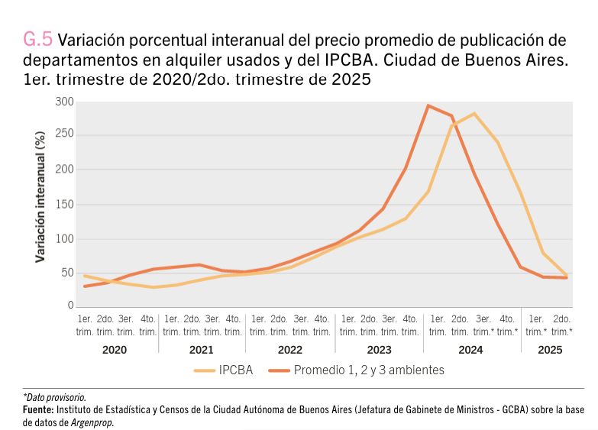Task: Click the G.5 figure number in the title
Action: click(x=38, y=40)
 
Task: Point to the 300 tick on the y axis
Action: click(x=65, y=102)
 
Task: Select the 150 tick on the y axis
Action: click(x=65, y=204)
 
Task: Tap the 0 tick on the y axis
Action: click(x=70, y=306)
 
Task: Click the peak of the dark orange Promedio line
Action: click(x=428, y=105)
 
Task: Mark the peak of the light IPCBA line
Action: click(x=475, y=114)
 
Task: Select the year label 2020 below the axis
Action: click(x=115, y=350)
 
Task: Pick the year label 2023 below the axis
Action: click(x=380, y=350)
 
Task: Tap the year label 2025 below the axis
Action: click(x=549, y=350)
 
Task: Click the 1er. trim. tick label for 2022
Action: click(x=258, y=325)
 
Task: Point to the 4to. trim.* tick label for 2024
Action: click(x=506, y=325)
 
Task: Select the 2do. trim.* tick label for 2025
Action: click(x=561, y=325)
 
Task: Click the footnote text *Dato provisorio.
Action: click(x=54, y=397)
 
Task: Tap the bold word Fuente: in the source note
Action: click(x=40, y=410)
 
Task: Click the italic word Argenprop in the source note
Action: click(x=92, y=422)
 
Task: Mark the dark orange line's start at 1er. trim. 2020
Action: click(x=85, y=286)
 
